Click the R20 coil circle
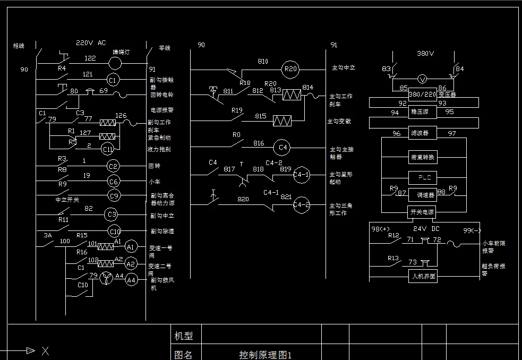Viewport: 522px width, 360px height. click(x=290, y=68)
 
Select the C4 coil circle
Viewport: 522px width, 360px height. click(x=282, y=147)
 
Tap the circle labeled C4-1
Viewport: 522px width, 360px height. click(x=301, y=174)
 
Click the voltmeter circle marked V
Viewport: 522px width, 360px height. click(x=423, y=79)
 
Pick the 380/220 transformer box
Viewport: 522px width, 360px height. click(x=422, y=95)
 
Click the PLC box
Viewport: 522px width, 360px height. click(x=423, y=177)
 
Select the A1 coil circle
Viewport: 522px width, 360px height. click(x=131, y=246)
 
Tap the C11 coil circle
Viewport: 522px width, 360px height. click(x=108, y=149)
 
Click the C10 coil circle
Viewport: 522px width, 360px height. click(x=114, y=231)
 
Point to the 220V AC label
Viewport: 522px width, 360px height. click(x=91, y=42)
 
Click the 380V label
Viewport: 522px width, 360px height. click(x=425, y=54)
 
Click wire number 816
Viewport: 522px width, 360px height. click(x=259, y=143)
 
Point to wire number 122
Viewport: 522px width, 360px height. click(x=90, y=58)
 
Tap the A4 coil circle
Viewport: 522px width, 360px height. click(x=131, y=280)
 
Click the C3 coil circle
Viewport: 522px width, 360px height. click(x=111, y=215)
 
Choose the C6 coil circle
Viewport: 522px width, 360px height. click(x=113, y=182)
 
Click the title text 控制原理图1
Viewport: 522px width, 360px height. click(x=266, y=355)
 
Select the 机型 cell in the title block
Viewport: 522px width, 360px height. click(x=184, y=336)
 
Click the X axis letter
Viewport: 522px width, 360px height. click(x=45, y=350)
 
